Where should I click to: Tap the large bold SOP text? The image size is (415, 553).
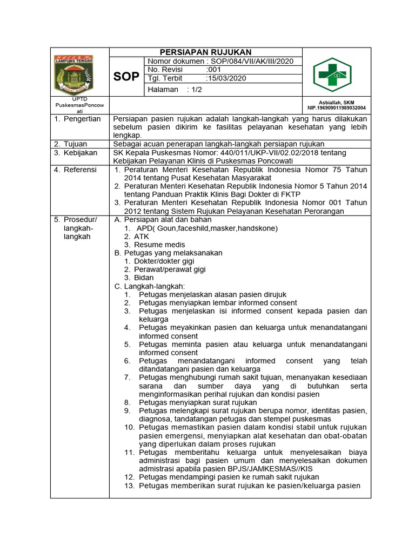click(x=126, y=77)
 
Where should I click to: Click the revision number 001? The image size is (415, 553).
click(x=214, y=70)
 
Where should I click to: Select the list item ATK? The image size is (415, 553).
click(x=142, y=237)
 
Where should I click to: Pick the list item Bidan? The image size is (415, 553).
click(x=144, y=278)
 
